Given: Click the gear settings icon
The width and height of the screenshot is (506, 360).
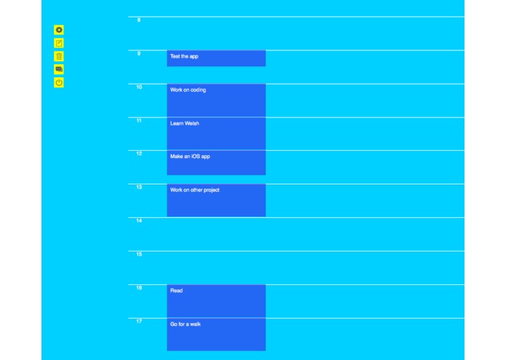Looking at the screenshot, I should click(x=59, y=30).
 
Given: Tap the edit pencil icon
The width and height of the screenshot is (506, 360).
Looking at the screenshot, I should click(x=59, y=43).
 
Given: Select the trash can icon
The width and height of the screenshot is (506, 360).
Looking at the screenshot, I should click(x=59, y=56).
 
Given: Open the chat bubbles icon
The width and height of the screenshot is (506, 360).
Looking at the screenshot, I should click(x=59, y=69).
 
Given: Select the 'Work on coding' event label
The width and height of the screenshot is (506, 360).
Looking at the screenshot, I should click(x=188, y=90).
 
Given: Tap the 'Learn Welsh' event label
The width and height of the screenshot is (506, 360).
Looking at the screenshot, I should click(x=185, y=123).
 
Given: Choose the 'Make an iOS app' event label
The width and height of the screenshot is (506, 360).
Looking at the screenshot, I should click(x=190, y=157).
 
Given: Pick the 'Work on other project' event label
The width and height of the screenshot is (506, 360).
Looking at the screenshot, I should click(x=194, y=190).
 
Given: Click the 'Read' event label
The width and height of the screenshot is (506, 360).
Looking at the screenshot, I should click(x=176, y=291).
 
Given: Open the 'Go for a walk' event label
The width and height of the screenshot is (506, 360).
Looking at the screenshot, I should click(x=186, y=324).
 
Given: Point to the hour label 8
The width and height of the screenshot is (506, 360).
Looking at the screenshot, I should click(x=138, y=20).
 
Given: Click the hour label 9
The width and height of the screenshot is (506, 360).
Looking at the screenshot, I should click(x=138, y=53).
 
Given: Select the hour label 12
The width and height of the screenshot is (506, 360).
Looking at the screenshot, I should click(x=138, y=154).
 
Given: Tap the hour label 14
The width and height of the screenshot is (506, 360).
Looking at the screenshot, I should click(x=138, y=221).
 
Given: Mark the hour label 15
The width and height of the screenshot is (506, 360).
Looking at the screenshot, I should click(x=138, y=254).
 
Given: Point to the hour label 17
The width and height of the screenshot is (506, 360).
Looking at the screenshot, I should click(x=138, y=321).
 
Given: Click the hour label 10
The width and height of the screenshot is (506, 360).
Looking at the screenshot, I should click(x=138, y=87).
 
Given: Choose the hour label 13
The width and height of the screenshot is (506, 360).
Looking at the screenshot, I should click(x=138, y=187).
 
